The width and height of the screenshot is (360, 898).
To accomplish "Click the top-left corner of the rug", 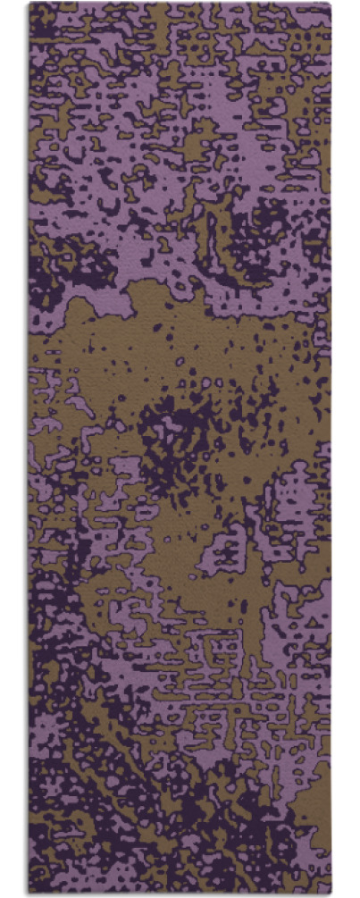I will [x=29, y=4].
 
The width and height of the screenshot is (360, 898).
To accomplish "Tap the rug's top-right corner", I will [x=331, y=4].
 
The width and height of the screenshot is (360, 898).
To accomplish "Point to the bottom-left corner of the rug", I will [x=29, y=894].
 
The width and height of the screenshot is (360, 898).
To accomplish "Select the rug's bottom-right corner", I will [x=331, y=894].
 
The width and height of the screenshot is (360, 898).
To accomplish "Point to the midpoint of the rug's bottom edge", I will [x=180, y=894].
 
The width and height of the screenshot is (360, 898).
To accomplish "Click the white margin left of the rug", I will [x=13, y=447].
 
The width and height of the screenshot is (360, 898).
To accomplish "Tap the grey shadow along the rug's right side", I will [x=333, y=447].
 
